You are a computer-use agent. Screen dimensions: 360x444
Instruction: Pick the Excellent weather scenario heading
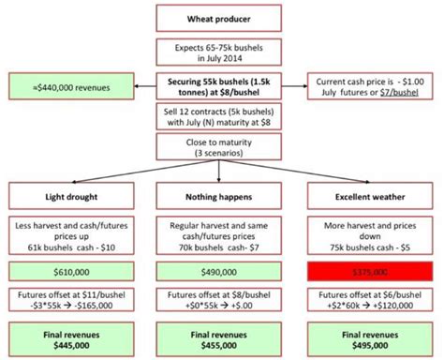371,198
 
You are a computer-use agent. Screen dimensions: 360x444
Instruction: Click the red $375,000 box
371,272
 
